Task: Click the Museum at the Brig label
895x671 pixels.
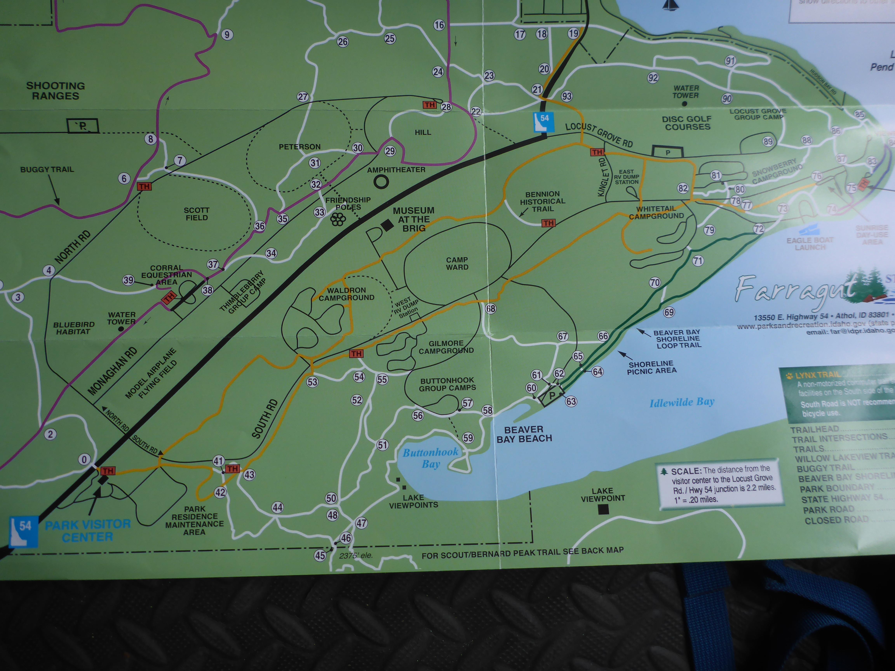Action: [x=414, y=219]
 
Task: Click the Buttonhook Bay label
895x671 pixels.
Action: [x=431, y=458]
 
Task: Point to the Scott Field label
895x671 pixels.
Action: [x=197, y=214]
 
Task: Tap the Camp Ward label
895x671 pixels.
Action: [x=457, y=263]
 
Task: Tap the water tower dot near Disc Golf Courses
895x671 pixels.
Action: [x=684, y=104]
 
